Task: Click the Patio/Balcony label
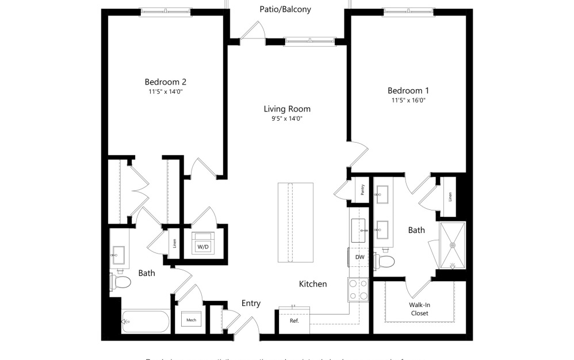tap(285, 9)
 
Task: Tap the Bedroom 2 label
tap(165, 82)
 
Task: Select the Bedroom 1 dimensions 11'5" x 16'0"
tap(408, 100)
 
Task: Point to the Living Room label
tap(287, 109)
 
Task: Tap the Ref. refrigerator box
tap(294, 320)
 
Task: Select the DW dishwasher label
tap(359, 257)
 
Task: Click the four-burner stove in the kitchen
tap(358, 289)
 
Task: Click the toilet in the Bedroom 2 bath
tap(121, 282)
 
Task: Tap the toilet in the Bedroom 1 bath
tap(385, 262)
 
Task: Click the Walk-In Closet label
tap(419, 309)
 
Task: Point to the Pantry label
tap(362, 190)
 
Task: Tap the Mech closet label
tap(191, 320)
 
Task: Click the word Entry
tap(251, 303)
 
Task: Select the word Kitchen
tap(313, 284)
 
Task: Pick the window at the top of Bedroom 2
tap(165, 12)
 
